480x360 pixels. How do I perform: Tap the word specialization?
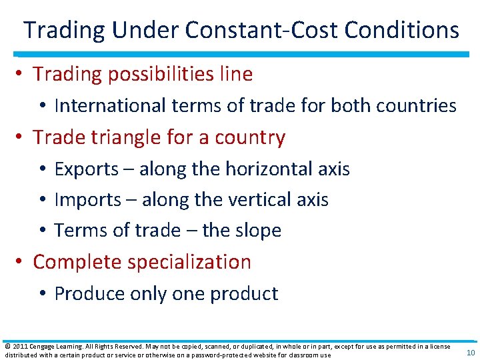point(195,262)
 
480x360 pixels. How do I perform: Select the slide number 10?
point(470,353)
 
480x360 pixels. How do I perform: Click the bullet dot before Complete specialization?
point(23,262)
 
